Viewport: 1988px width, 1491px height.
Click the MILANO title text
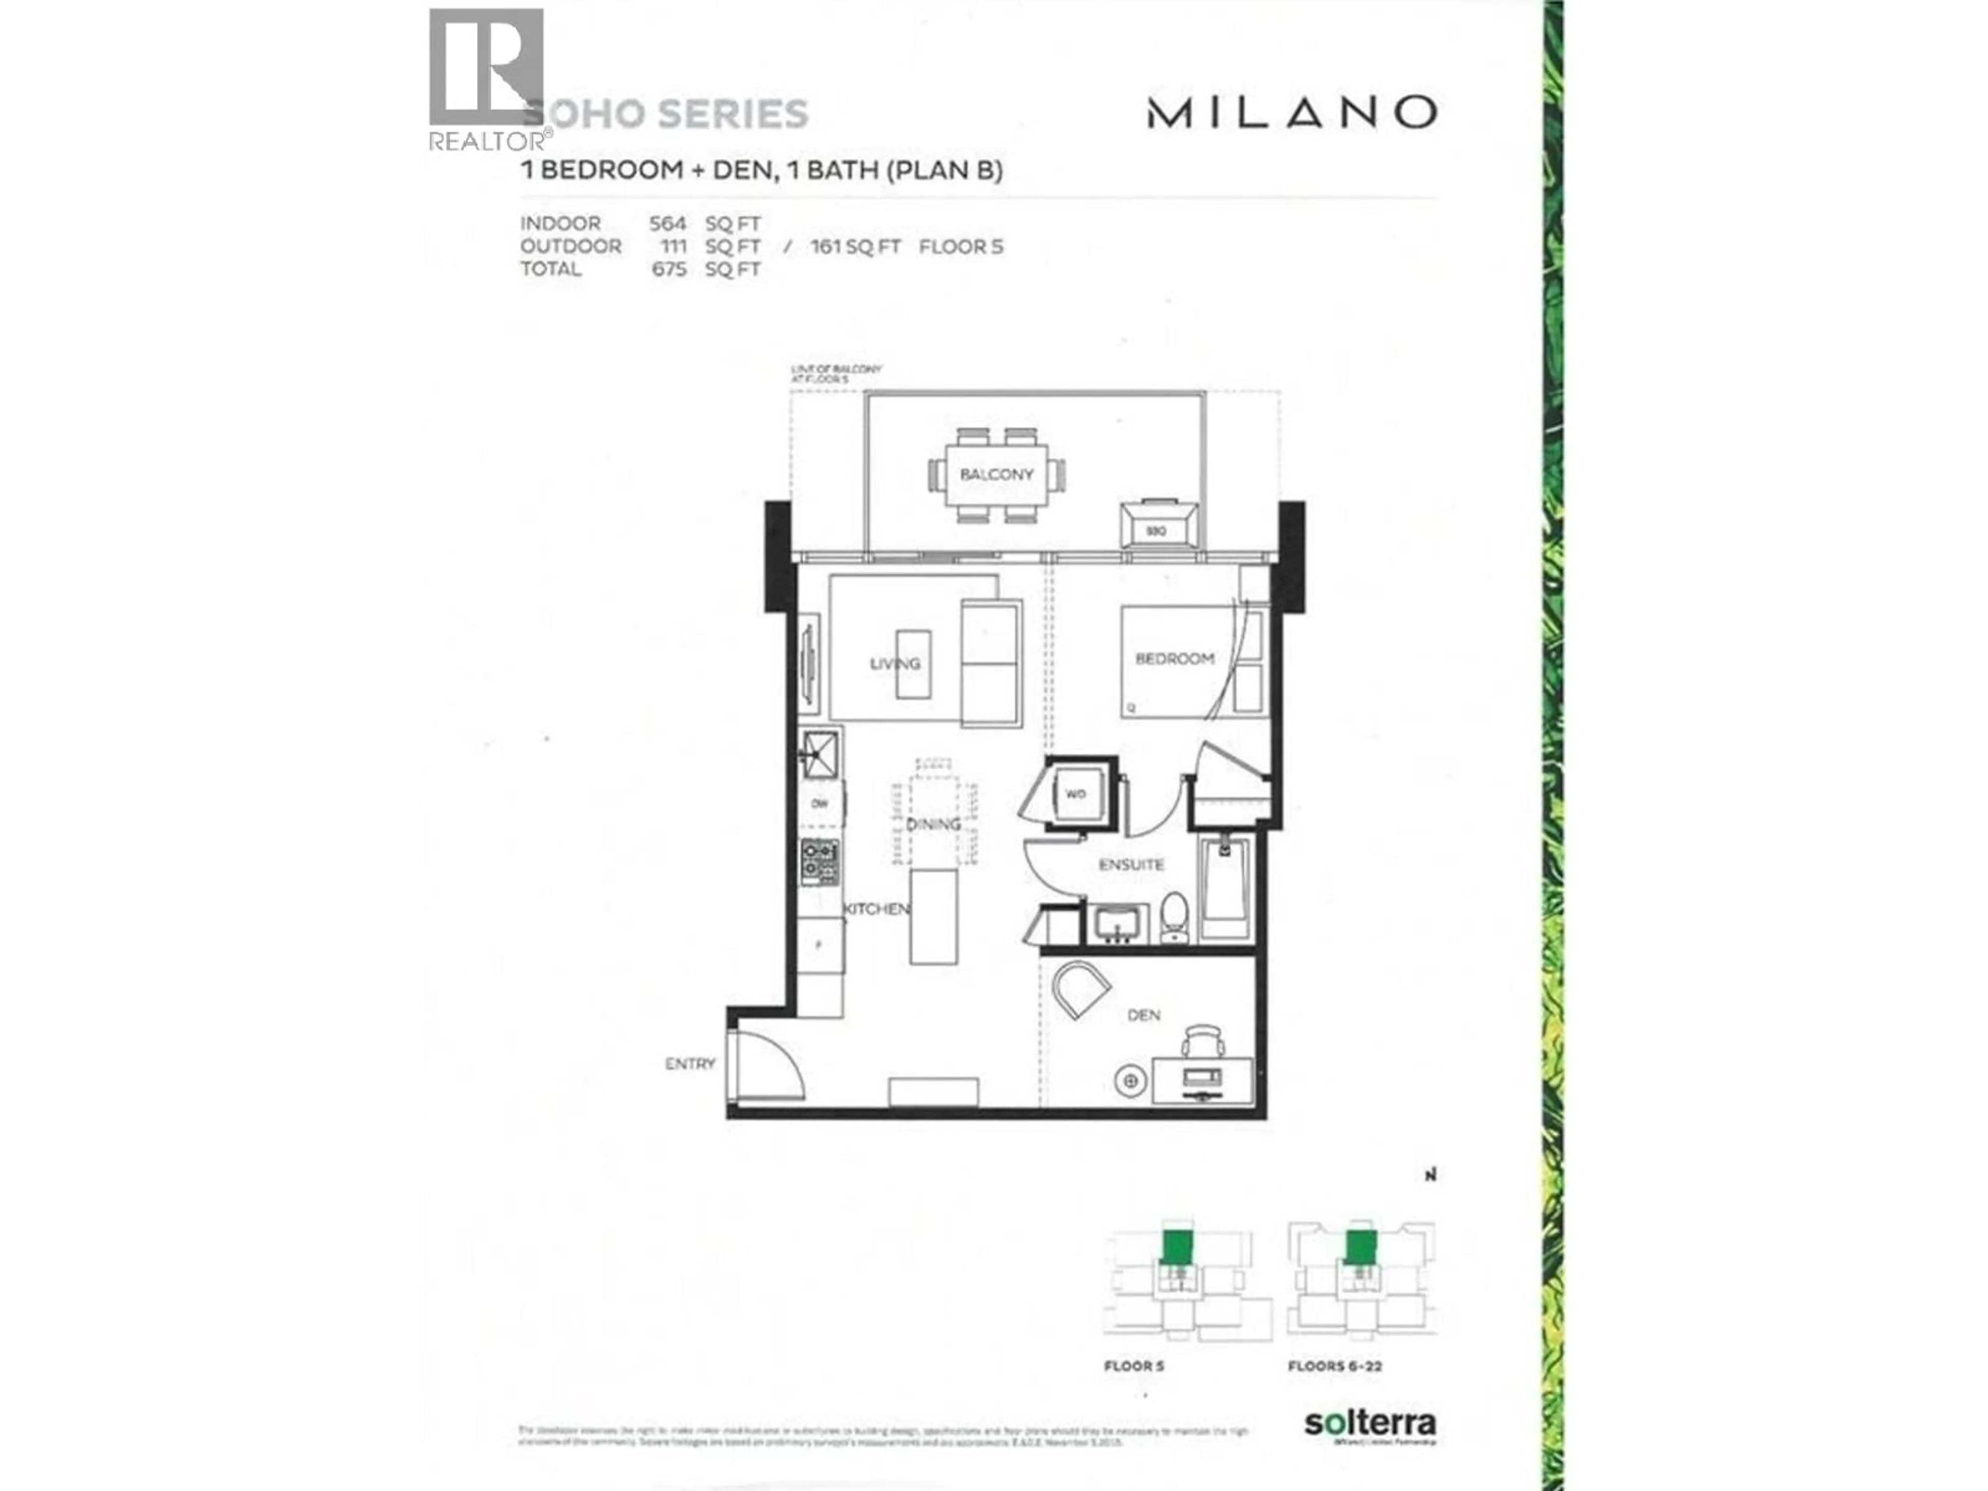coord(1292,113)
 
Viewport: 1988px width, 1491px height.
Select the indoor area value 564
coord(668,224)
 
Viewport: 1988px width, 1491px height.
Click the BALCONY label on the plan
coord(996,475)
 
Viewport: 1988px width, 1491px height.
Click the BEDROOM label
coord(1175,659)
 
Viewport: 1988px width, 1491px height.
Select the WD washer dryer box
coord(1076,794)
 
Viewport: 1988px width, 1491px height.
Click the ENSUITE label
coord(1132,865)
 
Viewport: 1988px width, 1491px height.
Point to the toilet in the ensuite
coord(1174,916)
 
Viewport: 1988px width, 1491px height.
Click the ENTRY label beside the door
coord(690,1064)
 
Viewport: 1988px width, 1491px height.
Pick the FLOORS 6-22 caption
coord(1335,1366)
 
